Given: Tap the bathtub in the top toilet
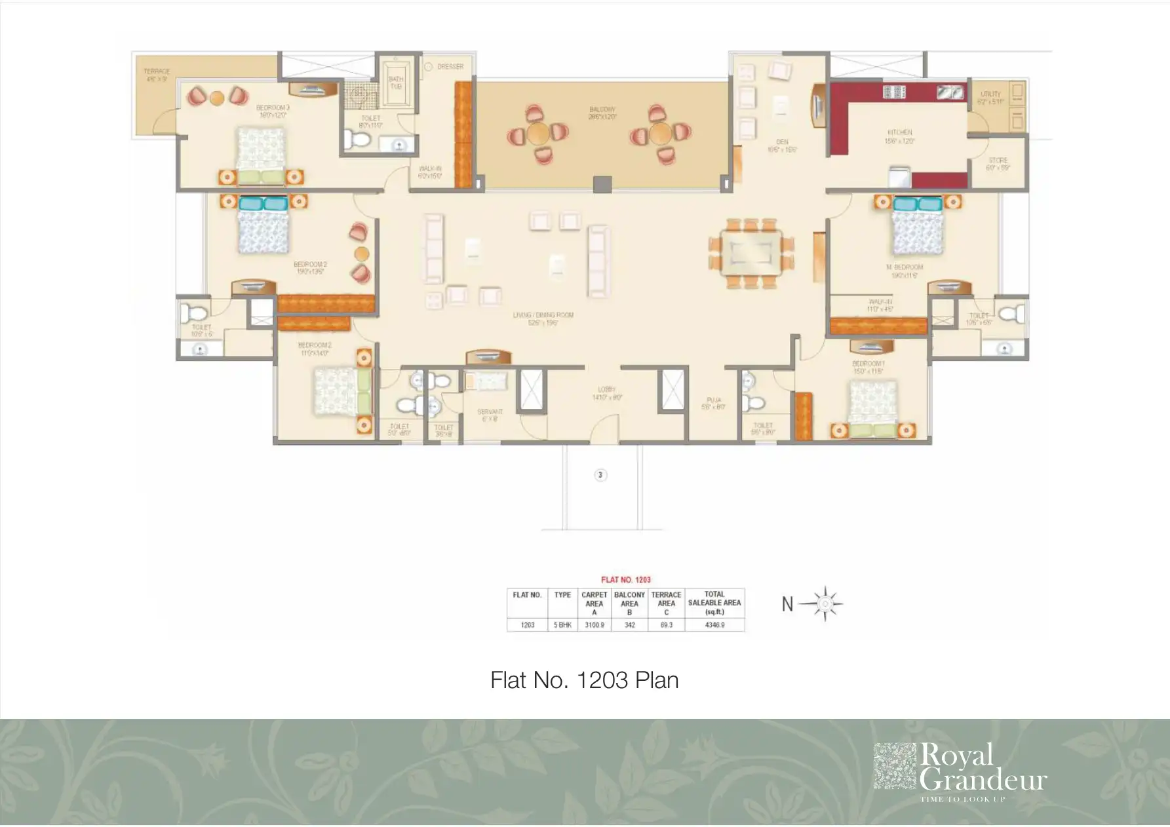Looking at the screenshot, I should tap(396, 85).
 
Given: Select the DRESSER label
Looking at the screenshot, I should tap(450, 67).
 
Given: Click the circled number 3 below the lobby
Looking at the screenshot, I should tap(600, 475).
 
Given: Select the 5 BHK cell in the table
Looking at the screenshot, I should tap(562, 625).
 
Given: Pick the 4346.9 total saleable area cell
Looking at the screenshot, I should tap(714, 625).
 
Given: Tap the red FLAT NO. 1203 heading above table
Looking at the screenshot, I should tap(625, 580).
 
